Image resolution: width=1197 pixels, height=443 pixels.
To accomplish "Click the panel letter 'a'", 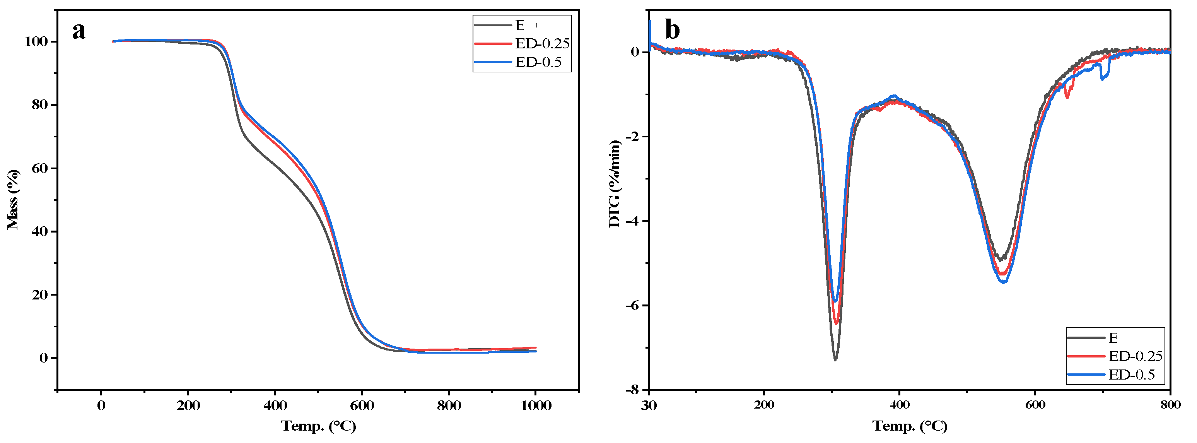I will pyautogui.click(x=79, y=31).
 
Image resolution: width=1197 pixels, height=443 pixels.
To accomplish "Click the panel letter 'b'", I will pyautogui.click(x=673, y=30).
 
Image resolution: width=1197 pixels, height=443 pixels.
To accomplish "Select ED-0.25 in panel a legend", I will pyautogui.click(x=542, y=43).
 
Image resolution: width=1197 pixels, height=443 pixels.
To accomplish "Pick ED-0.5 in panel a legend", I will pyautogui.click(x=538, y=62).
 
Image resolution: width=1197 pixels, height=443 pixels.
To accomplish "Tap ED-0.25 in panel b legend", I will pyautogui.click(x=1135, y=356).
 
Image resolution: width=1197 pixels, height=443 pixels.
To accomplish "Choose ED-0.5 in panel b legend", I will pyautogui.click(x=1131, y=375).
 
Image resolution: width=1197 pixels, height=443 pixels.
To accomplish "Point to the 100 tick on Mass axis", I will pyautogui.click(x=36, y=42).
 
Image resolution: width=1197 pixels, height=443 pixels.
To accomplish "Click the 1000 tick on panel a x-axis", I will pyautogui.click(x=535, y=406).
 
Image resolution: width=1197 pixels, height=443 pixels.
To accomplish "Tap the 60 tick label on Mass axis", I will pyautogui.click(x=39, y=168).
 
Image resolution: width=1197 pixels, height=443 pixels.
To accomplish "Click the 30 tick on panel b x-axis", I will pyautogui.click(x=649, y=406).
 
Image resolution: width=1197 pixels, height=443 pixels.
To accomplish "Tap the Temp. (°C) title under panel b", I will pyautogui.click(x=909, y=426).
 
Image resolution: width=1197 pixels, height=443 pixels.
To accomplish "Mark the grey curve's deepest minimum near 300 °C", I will pyautogui.click(x=835, y=359).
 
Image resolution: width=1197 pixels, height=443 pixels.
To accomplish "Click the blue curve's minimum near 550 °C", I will pyautogui.click(x=1004, y=282).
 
